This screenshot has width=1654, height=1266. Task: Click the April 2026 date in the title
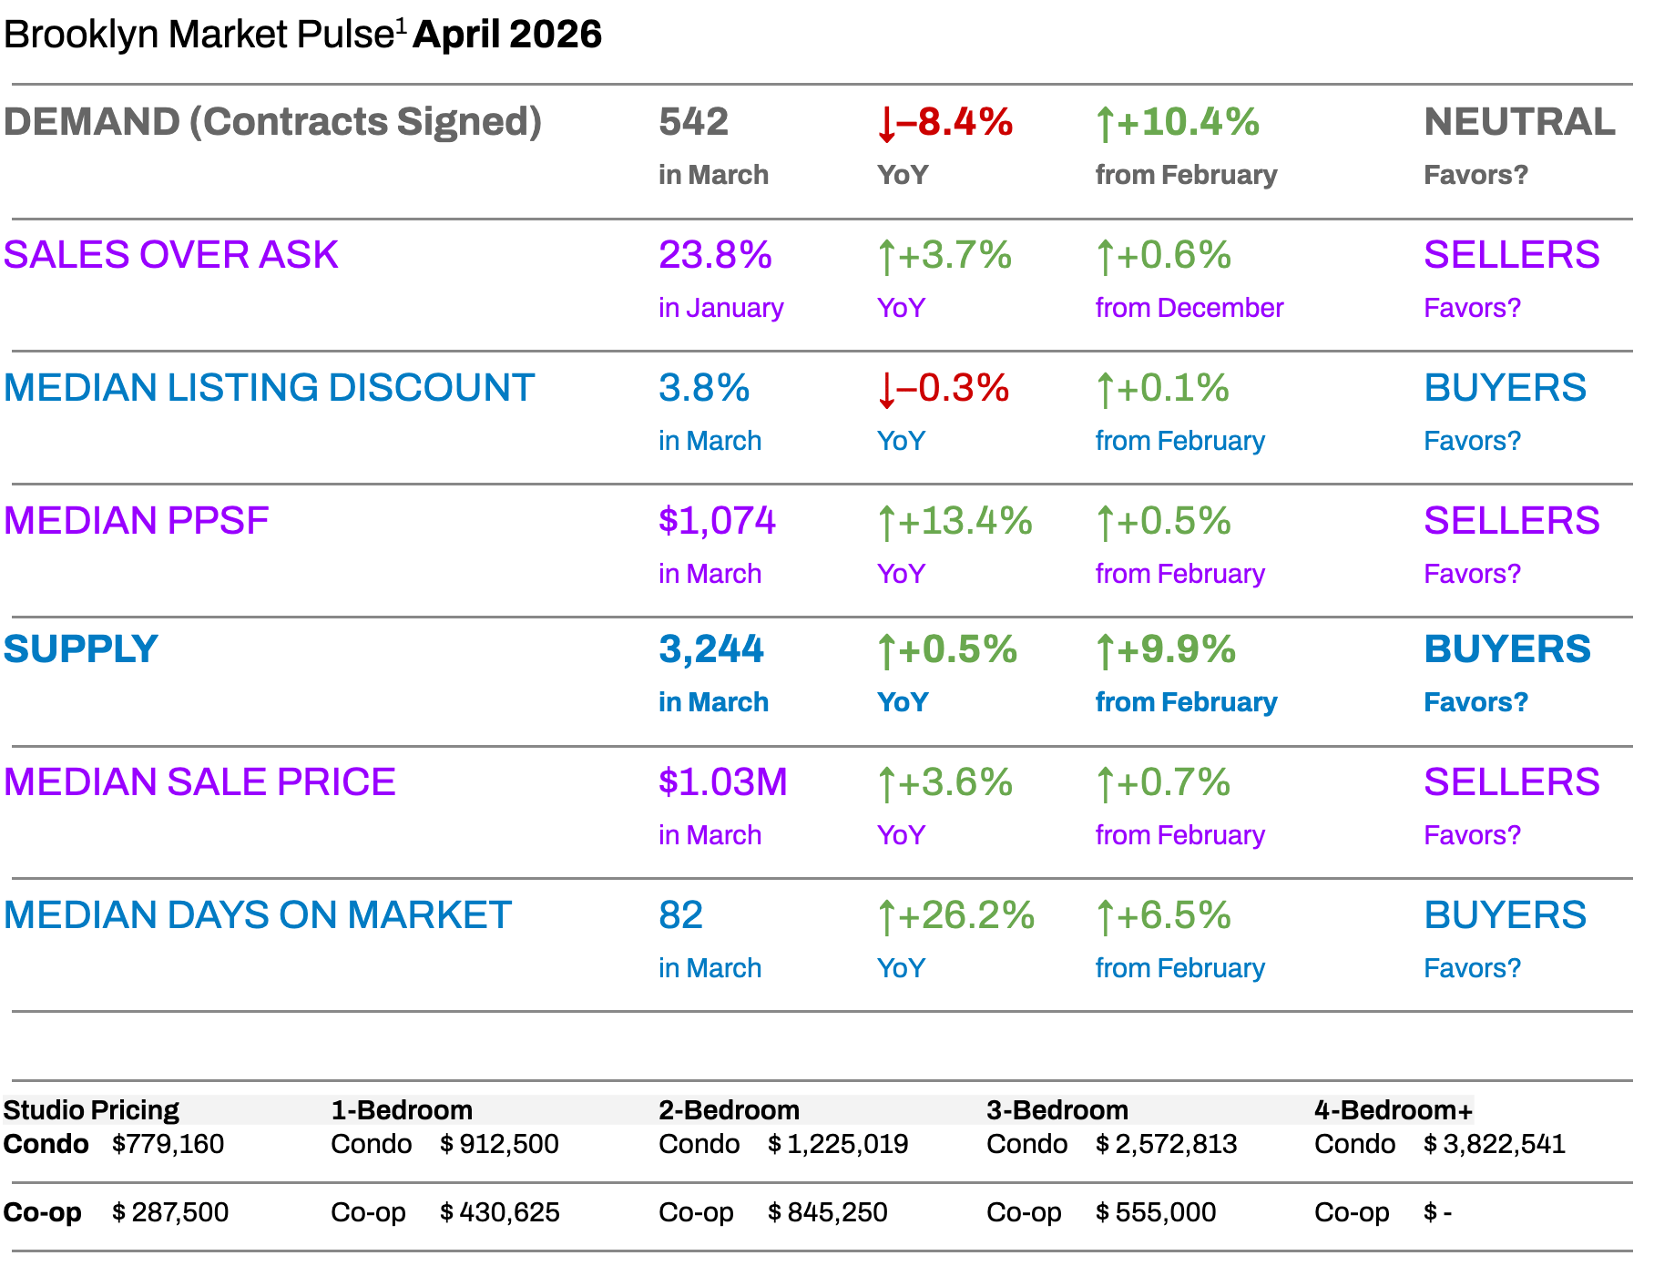tap(507, 35)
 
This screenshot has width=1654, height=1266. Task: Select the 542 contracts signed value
tap(693, 122)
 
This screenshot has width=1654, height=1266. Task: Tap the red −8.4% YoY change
tap(945, 122)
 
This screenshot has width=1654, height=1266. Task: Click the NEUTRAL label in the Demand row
tap(1519, 122)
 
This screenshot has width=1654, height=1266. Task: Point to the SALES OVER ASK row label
tap(171, 255)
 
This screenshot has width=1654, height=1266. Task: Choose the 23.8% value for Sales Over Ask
tap(715, 255)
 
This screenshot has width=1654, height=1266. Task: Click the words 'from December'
tap(1189, 308)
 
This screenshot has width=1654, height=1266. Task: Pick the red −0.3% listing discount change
tap(944, 388)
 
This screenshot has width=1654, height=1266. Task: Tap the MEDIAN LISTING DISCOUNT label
tap(269, 388)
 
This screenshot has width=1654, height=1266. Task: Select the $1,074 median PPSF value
tap(717, 521)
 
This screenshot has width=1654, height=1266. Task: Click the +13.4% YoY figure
tap(955, 521)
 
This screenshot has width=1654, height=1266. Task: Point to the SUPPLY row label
tap(81, 649)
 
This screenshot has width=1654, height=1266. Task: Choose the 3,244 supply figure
tap(711, 649)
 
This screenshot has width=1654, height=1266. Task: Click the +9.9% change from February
tap(1166, 649)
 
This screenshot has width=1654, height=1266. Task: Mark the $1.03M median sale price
tap(722, 782)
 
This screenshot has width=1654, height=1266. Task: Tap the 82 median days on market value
tap(681, 915)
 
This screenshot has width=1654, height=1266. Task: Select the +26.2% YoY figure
tap(955, 915)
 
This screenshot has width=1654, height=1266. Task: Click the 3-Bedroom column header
tap(1057, 1109)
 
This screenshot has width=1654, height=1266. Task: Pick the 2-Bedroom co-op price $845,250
tap(827, 1212)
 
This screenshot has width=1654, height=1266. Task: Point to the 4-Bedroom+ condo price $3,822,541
tap(1494, 1144)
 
